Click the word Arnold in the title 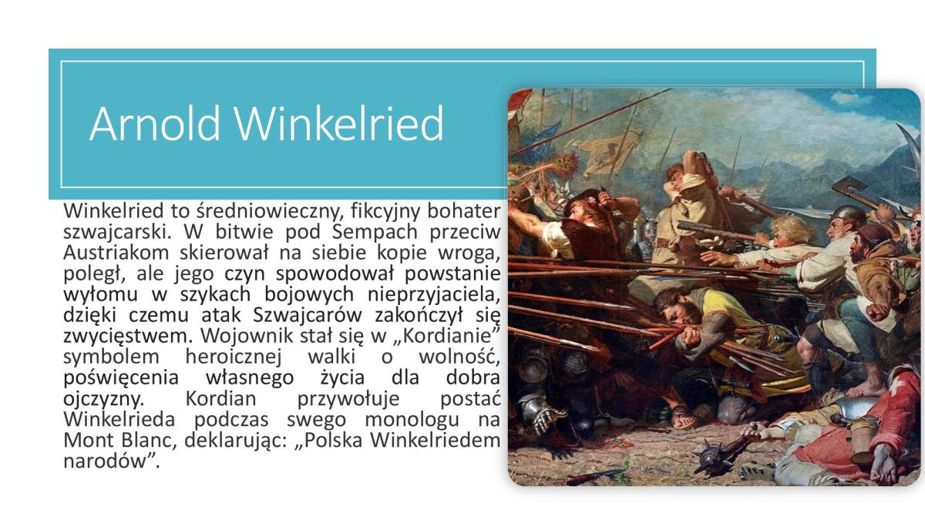coord(154,123)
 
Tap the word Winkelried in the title coord(339,123)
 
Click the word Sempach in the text coord(375,232)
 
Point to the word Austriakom coord(116,253)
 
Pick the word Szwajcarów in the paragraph coord(308,315)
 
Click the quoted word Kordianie coord(447,336)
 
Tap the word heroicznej coord(234,357)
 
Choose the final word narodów coord(106,461)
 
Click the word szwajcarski coord(117,233)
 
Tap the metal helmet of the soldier coord(849,216)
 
